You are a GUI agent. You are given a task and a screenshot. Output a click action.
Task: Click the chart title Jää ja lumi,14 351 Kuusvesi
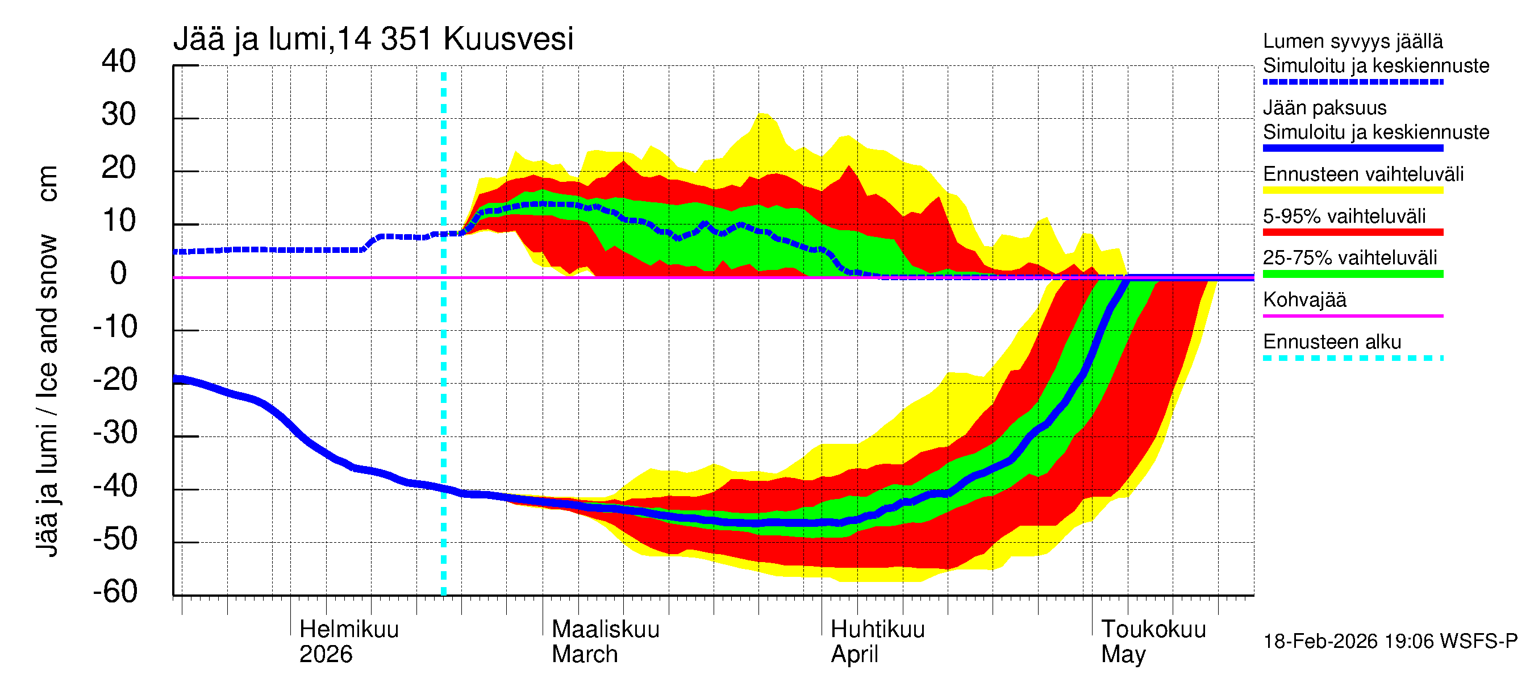coord(373,39)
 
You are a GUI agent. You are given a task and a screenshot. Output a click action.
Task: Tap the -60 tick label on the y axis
coord(115,592)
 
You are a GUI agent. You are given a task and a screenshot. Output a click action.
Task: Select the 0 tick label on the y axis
coord(119,273)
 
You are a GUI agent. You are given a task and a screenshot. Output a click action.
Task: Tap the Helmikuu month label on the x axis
coord(349,629)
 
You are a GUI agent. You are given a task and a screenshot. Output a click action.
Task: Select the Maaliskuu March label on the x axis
coord(605,642)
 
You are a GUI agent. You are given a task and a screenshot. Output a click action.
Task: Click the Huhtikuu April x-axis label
coord(877,642)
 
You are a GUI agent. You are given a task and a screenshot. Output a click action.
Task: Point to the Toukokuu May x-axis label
coord(1153,642)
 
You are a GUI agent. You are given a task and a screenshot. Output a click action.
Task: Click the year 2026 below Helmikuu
coord(326,655)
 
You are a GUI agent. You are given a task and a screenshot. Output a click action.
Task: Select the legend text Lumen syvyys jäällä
coord(1352,41)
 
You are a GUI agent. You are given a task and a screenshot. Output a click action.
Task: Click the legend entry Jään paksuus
coord(1324,108)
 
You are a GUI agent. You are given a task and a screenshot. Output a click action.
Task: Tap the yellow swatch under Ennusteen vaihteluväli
coord(1352,190)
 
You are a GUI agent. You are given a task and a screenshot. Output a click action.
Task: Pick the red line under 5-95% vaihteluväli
coord(1352,232)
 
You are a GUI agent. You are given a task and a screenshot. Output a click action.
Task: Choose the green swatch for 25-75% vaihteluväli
coord(1352,274)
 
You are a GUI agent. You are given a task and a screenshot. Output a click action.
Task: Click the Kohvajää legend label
coord(1304,300)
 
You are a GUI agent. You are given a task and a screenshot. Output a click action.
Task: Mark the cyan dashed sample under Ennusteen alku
coord(1352,358)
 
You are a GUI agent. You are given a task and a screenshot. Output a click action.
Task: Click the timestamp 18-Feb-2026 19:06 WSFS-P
coord(1390,642)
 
